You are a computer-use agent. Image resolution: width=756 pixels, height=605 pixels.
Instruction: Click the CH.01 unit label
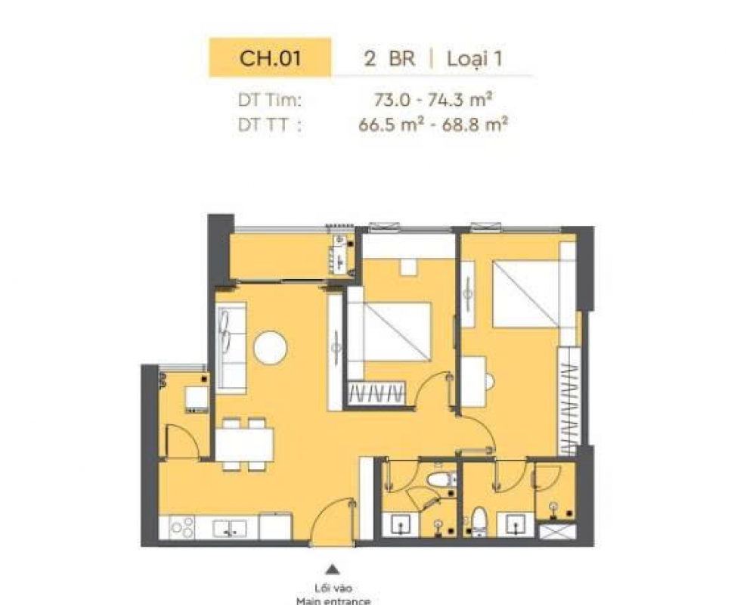click(x=270, y=58)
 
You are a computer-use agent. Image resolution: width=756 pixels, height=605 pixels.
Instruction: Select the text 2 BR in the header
click(x=389, y=59)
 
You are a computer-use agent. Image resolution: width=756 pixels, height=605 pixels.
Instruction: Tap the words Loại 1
click(x=475, y=59)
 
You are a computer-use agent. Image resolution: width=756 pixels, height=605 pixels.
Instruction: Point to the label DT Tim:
click(x=270, y=101)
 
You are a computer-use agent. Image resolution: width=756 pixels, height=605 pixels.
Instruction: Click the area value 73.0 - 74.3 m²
click(x=433, y=100)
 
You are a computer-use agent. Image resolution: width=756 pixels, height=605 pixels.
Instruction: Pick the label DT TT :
click(x=270, y=125)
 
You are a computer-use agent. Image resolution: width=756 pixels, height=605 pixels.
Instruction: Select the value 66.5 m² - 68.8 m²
click(x=433, y=125)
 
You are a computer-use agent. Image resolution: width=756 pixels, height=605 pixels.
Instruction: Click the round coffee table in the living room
click(x=271, y=347)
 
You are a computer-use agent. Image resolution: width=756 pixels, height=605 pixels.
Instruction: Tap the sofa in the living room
click(x=231, y=348)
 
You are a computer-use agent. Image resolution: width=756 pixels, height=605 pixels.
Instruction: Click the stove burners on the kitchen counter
click(x=182, y=528)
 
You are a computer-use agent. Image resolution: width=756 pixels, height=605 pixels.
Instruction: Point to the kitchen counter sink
click(x=230, y=529)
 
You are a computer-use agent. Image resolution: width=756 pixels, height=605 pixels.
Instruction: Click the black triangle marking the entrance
click(x=332, y=569)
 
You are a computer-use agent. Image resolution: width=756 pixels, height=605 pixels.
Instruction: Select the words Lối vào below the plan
click(x=333, y=588)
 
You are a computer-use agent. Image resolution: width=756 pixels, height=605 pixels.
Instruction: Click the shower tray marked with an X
click(x=557, y=531)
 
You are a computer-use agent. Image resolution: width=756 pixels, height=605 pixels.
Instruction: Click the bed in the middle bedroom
click(x=389, y=332)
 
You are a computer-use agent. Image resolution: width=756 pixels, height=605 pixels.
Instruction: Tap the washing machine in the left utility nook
click(x=197, y=399)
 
